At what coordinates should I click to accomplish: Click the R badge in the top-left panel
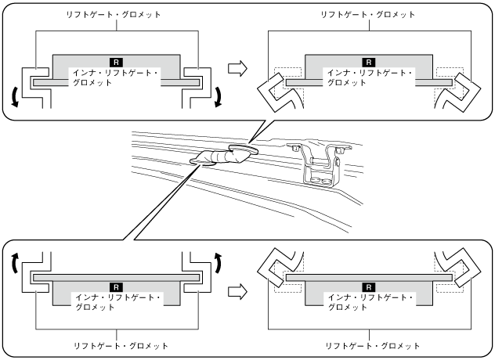116,62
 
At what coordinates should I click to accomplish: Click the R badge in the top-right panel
369,62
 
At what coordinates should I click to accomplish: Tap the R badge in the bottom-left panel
116,287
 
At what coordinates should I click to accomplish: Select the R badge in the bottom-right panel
369,287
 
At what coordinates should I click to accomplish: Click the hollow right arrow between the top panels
237,68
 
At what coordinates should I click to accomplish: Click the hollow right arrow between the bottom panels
237,292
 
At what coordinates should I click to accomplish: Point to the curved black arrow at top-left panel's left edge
14,98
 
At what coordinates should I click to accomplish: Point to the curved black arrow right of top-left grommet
219,98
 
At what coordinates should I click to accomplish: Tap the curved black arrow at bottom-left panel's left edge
14,262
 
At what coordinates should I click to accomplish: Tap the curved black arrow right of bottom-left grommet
219,262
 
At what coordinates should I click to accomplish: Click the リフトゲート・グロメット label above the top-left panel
114,15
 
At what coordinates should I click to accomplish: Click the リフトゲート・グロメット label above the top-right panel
368,15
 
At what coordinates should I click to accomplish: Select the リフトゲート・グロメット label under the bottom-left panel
121,346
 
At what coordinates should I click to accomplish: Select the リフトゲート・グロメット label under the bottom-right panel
373,346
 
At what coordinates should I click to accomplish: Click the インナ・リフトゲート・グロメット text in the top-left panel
115,77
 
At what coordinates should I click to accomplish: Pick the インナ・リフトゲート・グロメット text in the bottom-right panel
370,302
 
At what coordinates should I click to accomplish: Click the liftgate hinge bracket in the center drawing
319,166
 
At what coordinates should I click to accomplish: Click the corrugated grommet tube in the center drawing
222,157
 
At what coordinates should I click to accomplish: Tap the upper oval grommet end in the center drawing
244,149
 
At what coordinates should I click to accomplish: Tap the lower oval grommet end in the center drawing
202,162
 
